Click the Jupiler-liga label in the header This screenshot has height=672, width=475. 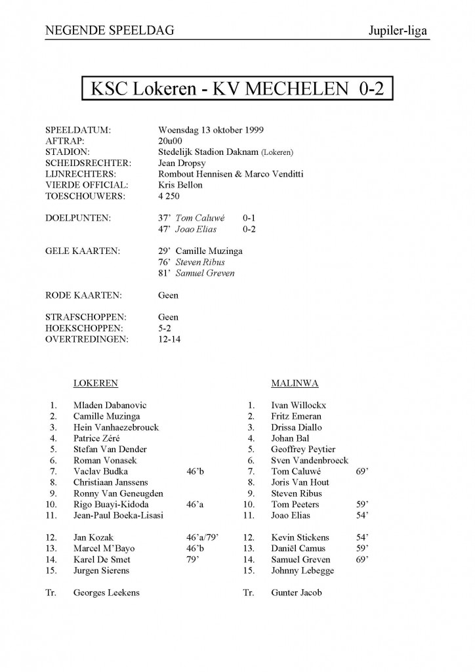point(398,31)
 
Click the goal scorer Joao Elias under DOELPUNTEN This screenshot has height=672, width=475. point(196,230)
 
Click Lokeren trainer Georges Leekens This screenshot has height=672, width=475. point(106,592)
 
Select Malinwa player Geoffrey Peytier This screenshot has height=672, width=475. point(303,450)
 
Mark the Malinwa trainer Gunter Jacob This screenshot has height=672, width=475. point(297,592)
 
